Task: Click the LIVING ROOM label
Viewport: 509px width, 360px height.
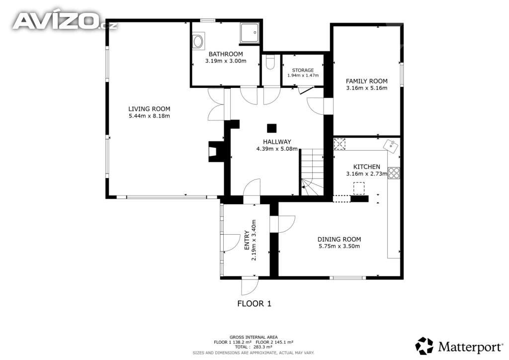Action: [149, 109]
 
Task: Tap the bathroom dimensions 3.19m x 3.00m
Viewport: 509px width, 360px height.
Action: [226, 61]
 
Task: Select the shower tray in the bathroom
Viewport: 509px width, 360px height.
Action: [250, 33]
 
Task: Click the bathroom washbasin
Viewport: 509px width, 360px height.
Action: [198, 41]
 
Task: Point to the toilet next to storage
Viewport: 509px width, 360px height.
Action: [270, 62]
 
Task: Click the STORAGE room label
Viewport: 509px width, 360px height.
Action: [303, 70]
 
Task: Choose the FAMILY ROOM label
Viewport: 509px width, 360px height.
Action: [366, 81]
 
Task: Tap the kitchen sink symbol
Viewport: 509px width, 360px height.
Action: [392, 146]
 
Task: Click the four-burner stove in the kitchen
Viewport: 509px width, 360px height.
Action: [394, 173]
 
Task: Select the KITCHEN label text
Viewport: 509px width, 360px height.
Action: [366, 167]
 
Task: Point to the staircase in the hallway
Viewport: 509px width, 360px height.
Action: [312, 173]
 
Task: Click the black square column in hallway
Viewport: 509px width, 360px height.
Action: [272, 128]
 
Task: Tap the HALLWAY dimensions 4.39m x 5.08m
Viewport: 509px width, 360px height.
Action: [277, 149]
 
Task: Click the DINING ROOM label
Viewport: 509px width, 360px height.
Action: [339, 239]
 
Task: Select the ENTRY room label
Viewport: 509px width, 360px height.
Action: [247, 240]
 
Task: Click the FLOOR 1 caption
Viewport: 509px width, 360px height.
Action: [254, 304]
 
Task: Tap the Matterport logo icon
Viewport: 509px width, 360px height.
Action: [424, 346]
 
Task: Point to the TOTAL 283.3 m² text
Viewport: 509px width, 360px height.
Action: [254, 347]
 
